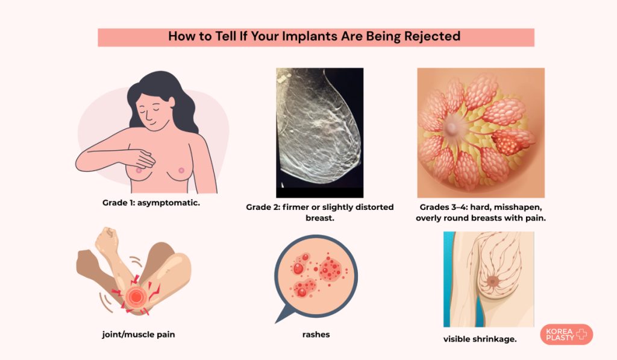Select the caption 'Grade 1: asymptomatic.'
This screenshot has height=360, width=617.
[151, 203]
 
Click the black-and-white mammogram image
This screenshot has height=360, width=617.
[319, 133]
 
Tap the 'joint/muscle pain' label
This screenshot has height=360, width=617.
[139, 335]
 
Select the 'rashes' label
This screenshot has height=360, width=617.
[316, 335]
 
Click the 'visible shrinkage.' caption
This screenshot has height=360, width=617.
[480, 339]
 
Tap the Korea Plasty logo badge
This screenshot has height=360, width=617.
[566, 335]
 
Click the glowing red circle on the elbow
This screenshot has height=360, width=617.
[136, 297]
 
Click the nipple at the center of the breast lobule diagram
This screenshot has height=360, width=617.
[452, 127]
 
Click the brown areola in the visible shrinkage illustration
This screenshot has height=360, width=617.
[492, 281]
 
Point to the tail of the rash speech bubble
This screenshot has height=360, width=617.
[284, 315]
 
